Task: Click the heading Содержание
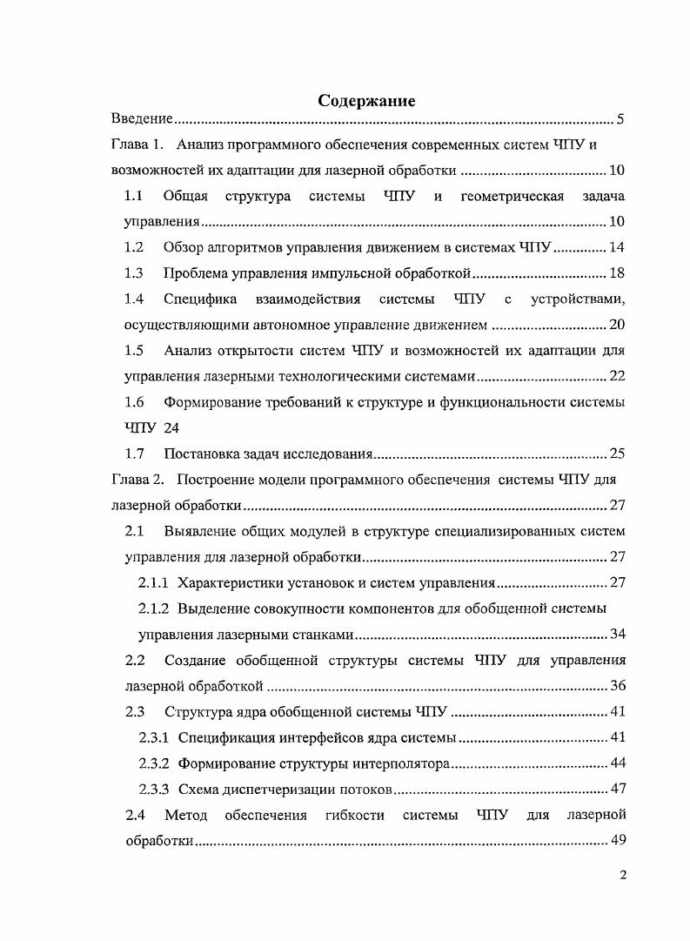pyautogui.click(x=366, y=100)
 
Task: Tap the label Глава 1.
pyautogui.click(x=137, y=145)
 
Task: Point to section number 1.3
pyautogui.click(x=134, y=273)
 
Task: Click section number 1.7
pyautogui.click(x=134, y=454)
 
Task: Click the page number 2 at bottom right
pyautogui.click(x=623, y=876)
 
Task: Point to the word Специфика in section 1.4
pyautogui.click(x=200, y=299)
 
